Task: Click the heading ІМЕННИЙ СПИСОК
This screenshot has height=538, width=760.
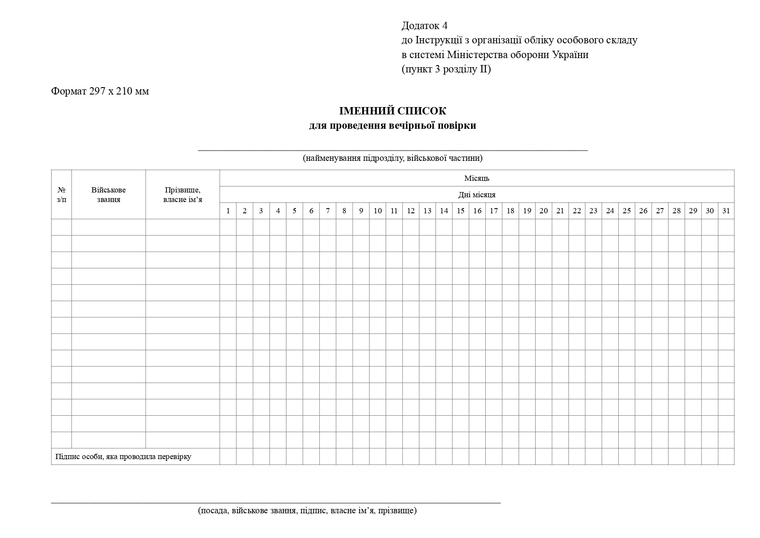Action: point(392,111)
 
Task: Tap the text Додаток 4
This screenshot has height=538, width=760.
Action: point(424,26)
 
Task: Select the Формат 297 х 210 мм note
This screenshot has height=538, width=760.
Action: point(100,91)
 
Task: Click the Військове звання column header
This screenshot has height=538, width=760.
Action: point(108,195)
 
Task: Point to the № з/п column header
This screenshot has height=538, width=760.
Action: point(62,195)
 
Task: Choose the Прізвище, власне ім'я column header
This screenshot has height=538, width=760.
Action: point(182,195)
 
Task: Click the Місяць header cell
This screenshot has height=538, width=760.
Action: point(477,178)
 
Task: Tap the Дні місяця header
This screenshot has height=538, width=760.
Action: point(477,195)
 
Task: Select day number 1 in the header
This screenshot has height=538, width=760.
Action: point(228,211)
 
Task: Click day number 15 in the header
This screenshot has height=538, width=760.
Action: point(460,211)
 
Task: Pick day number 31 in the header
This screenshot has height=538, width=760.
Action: point(726,211)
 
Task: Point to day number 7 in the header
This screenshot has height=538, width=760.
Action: point(328,211)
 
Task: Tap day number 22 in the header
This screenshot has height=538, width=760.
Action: point(577,211)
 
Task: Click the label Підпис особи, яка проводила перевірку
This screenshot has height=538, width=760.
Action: point(123,456)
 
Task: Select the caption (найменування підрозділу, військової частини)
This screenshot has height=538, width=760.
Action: point(393,158)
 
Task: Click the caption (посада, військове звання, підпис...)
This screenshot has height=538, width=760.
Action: point(307,510)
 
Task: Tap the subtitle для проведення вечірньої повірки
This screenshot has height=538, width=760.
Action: point(393,126)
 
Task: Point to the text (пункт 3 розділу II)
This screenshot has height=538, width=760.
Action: point(446,69)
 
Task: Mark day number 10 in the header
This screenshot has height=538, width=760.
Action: point(377,211)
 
